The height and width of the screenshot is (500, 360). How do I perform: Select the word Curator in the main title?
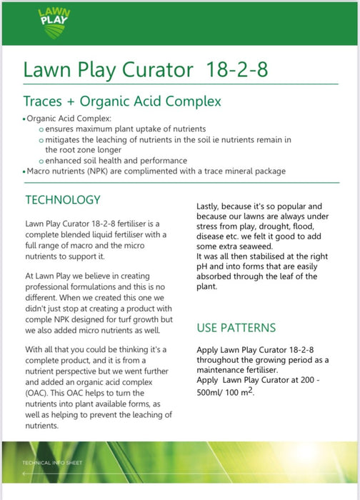(x=158, y=70)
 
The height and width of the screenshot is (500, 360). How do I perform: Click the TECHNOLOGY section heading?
(x=63, y=199)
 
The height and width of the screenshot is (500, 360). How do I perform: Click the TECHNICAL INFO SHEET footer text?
(x=54, y=463)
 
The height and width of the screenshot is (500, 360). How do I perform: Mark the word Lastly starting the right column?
(x=211, y=206)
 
